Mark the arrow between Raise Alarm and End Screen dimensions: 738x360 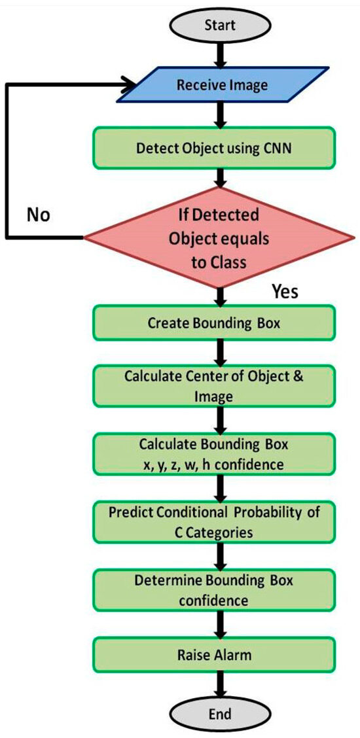[221, 684]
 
